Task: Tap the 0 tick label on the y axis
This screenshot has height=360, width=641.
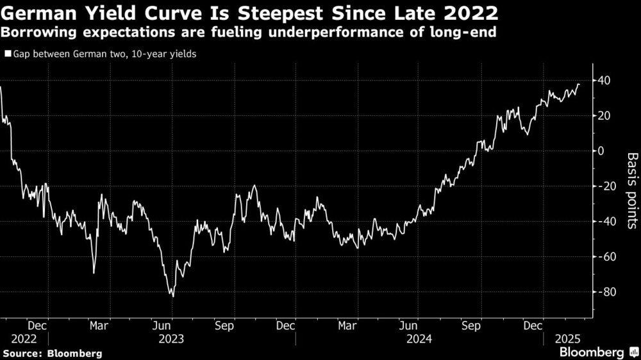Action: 602,151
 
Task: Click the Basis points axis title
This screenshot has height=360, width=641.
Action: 632,190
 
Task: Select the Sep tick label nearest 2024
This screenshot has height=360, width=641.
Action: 472,325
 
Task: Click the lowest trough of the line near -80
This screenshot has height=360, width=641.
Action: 172,296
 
